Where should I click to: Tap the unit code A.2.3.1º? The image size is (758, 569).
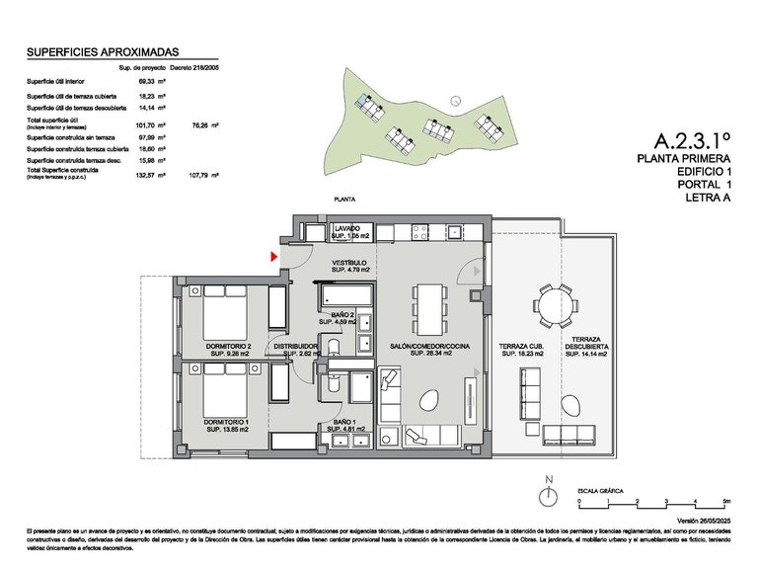coord(692,142)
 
